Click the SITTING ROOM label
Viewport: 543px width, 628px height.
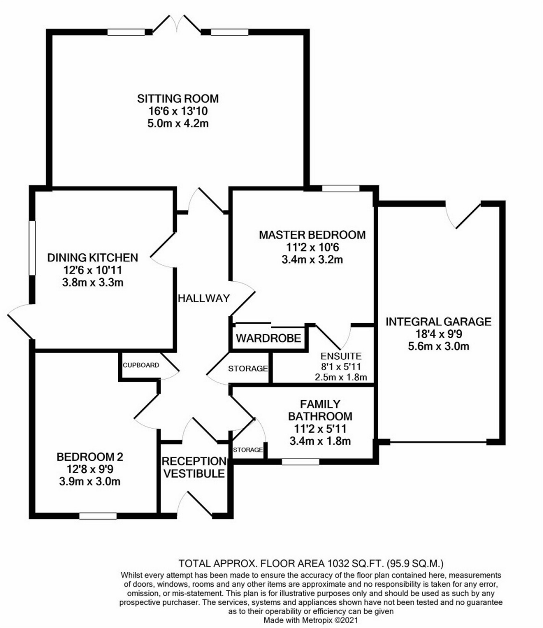(x=178, y=98)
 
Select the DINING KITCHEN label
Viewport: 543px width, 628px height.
(x=93, y=258)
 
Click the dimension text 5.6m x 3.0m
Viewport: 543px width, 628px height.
(x=438, y=346)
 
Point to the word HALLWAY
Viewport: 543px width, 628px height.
(x=204, y=298)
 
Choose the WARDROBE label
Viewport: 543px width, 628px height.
(x=268, y=338)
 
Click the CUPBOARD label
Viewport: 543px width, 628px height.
(x=141, y=365)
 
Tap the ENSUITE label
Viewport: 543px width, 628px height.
(x=341, y=356)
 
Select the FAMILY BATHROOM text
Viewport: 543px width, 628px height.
(x=320, y=410)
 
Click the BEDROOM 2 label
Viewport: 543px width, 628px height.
(x=90, y=457)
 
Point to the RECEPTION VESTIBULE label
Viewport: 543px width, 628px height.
(x=194, y=467)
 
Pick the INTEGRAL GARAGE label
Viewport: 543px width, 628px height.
(x=438, y=321)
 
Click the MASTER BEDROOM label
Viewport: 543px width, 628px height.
(x=312, y=235)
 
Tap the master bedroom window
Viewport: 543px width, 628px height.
(x=341, y=188)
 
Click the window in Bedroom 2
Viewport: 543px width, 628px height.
(x=98, y=516)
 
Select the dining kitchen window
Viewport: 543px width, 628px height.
(x=32, y=248)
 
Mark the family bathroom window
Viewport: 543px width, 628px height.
(x=300, y=462)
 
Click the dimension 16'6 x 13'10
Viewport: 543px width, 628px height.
(x=178, y=111)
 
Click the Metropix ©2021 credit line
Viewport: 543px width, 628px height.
(x=311, y=620)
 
